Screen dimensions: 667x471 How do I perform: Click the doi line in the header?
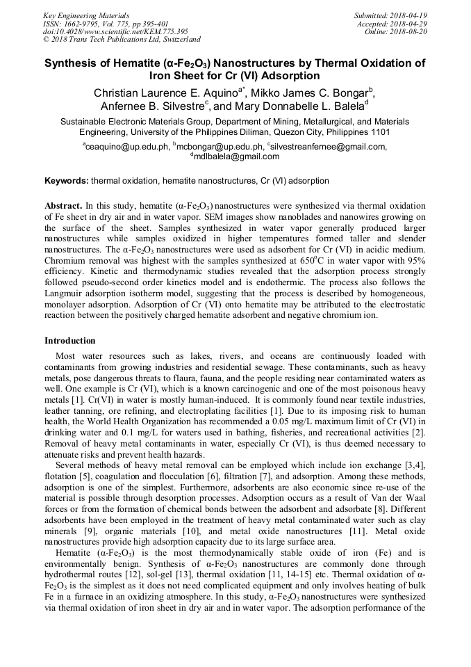115,31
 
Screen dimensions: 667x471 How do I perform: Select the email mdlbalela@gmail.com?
236,156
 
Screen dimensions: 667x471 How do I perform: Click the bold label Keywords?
67,181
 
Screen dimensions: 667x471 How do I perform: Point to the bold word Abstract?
63,206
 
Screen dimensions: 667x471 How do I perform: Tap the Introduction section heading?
70,341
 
